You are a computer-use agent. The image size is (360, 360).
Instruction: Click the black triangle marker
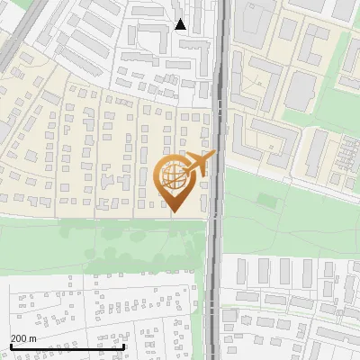pyautogui.click(x=181, y=24)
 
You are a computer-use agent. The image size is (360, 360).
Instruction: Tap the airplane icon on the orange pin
pyautogui.click(x=200, y=163)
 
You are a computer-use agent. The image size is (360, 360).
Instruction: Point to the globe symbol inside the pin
pyautogui.click(x=175, y=177)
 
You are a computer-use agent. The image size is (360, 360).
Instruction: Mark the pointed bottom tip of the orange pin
pyautogui.click(x=175, y=212)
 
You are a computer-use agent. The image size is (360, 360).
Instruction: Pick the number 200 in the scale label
pyautogui.click(x=19, y=338)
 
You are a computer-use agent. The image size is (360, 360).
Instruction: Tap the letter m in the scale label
pyautogui.click(x=33, y=338)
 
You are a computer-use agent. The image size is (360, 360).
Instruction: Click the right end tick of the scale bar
pyautogui.click(x=123, y=346)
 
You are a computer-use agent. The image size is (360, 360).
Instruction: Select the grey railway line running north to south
pyautogui.click(x=216, y=270)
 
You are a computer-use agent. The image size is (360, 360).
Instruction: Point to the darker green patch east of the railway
pyautogui.click(x=267, y=199)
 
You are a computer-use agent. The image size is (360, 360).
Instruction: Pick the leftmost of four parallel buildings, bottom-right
pyautogui.click(x=265, y=271)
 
